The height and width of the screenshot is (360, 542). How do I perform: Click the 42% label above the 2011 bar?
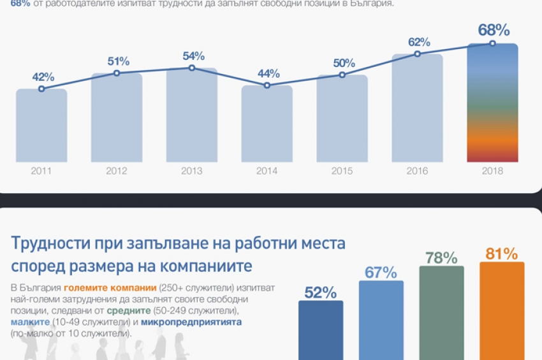43,77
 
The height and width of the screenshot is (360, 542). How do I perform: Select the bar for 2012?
117,118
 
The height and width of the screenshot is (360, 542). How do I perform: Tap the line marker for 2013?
192,68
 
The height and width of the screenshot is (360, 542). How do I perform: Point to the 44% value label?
268,73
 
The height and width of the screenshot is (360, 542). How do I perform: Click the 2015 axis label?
342,171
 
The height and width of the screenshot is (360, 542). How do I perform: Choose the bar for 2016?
418,108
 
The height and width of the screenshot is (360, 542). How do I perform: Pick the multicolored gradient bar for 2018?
492,102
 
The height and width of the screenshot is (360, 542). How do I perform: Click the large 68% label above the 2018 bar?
494,30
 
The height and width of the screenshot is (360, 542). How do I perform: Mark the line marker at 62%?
418,54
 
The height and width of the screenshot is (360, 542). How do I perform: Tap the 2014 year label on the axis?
267,171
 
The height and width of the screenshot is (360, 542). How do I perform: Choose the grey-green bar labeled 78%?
441,312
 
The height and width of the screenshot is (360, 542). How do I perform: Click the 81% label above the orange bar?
501,254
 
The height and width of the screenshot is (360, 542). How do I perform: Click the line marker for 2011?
41,89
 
